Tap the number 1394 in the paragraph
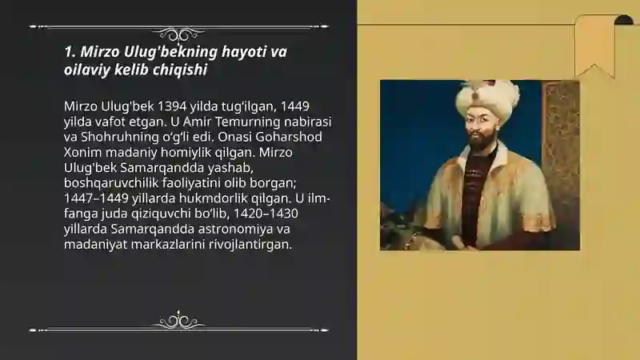(171, 106)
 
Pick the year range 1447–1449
(96, 198)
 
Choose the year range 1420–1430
(266, 214)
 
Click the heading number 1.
(70, 52)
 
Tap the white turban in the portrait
(487, 97)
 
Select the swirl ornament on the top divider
(178, 34)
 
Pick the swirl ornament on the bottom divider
(178, 321)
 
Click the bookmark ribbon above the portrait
(594, 46)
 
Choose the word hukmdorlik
(213, 198)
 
